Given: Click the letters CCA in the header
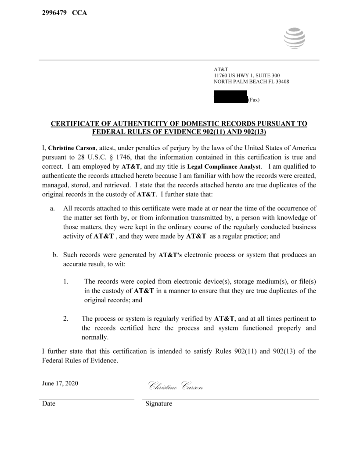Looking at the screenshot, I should tap(79, 12).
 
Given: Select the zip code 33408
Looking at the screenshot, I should tap(281, 82).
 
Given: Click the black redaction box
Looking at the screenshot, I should tap(230, 97).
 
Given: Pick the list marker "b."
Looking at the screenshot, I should tap(55, 254).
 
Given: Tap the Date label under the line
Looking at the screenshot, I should tap(49, 403).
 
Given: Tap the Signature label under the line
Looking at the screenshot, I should tap(158, 403).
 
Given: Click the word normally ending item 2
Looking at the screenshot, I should tap(95, 337).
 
